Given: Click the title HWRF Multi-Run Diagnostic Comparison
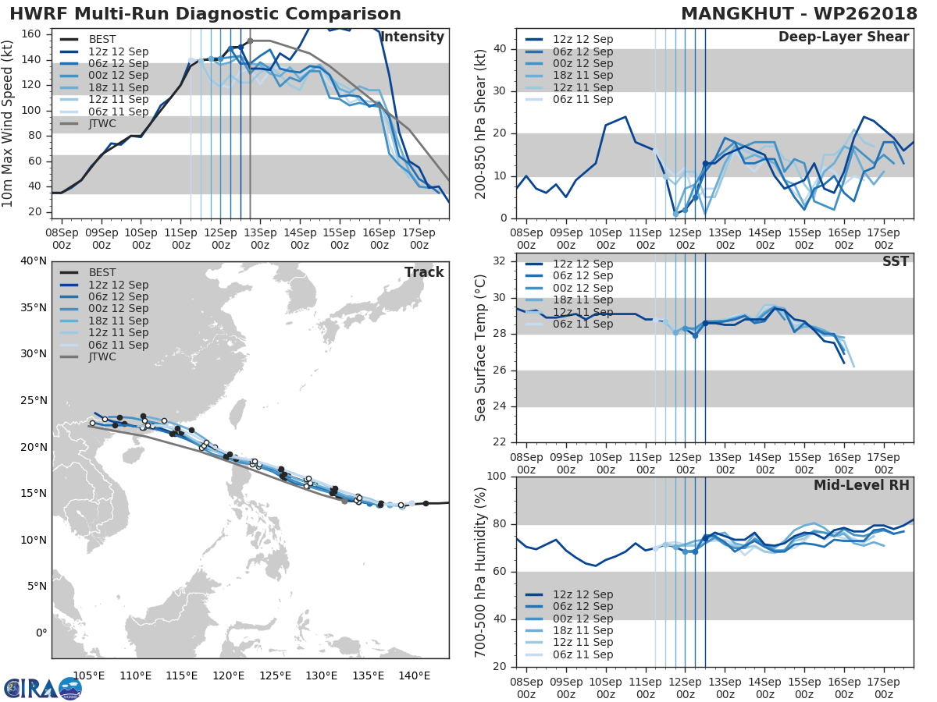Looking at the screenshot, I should point(205,14).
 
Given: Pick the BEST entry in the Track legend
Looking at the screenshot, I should point(102,273).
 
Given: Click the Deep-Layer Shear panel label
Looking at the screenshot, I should point(843,37).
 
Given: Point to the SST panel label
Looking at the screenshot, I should point(896,261).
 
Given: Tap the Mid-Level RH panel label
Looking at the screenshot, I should point(861,485).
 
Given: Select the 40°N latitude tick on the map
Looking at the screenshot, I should point(32,261).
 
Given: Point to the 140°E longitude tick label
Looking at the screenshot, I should point(414,675).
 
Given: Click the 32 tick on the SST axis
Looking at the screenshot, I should point(497,261).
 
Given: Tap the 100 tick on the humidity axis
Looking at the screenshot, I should point(493,477).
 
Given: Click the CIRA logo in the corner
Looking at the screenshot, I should point(42,688).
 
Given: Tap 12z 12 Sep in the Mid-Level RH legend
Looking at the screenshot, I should point(583,594).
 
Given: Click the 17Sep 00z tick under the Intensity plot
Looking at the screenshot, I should point(419,238).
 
